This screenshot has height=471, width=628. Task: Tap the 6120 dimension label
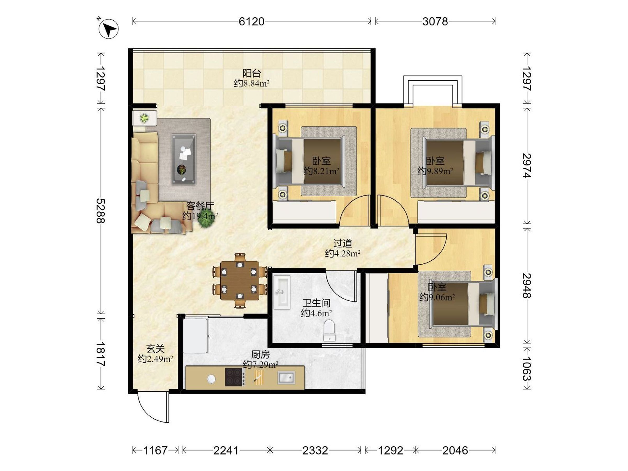251,21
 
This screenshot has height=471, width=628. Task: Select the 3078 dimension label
435,21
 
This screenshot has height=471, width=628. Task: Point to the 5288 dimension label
100,211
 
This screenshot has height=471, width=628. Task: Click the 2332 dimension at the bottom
315,450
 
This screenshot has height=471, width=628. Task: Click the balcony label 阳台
251,73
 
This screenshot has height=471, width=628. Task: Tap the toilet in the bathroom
329,330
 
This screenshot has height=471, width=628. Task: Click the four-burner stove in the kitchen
235,377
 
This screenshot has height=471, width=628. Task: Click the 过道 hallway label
343,243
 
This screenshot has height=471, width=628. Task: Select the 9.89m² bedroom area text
435,171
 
